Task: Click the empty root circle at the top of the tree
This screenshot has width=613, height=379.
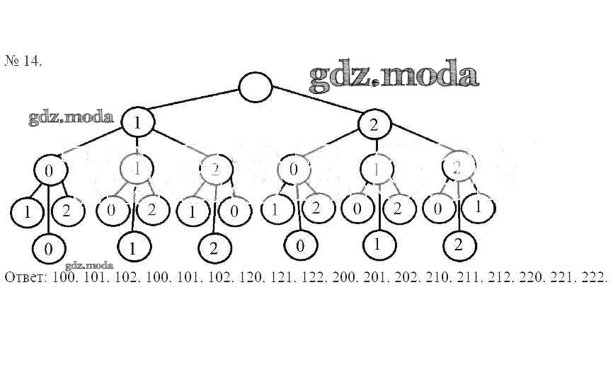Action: [x=256, y=87]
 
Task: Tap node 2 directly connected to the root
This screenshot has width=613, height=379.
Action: [x=374, y=124]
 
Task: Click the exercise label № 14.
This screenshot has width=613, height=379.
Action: [x=23, y=61]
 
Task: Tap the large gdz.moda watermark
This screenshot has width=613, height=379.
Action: [x=394, y=76]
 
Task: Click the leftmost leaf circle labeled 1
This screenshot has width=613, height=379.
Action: [x=25, y=211]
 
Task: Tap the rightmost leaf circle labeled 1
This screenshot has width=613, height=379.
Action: [x=479, y=207]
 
